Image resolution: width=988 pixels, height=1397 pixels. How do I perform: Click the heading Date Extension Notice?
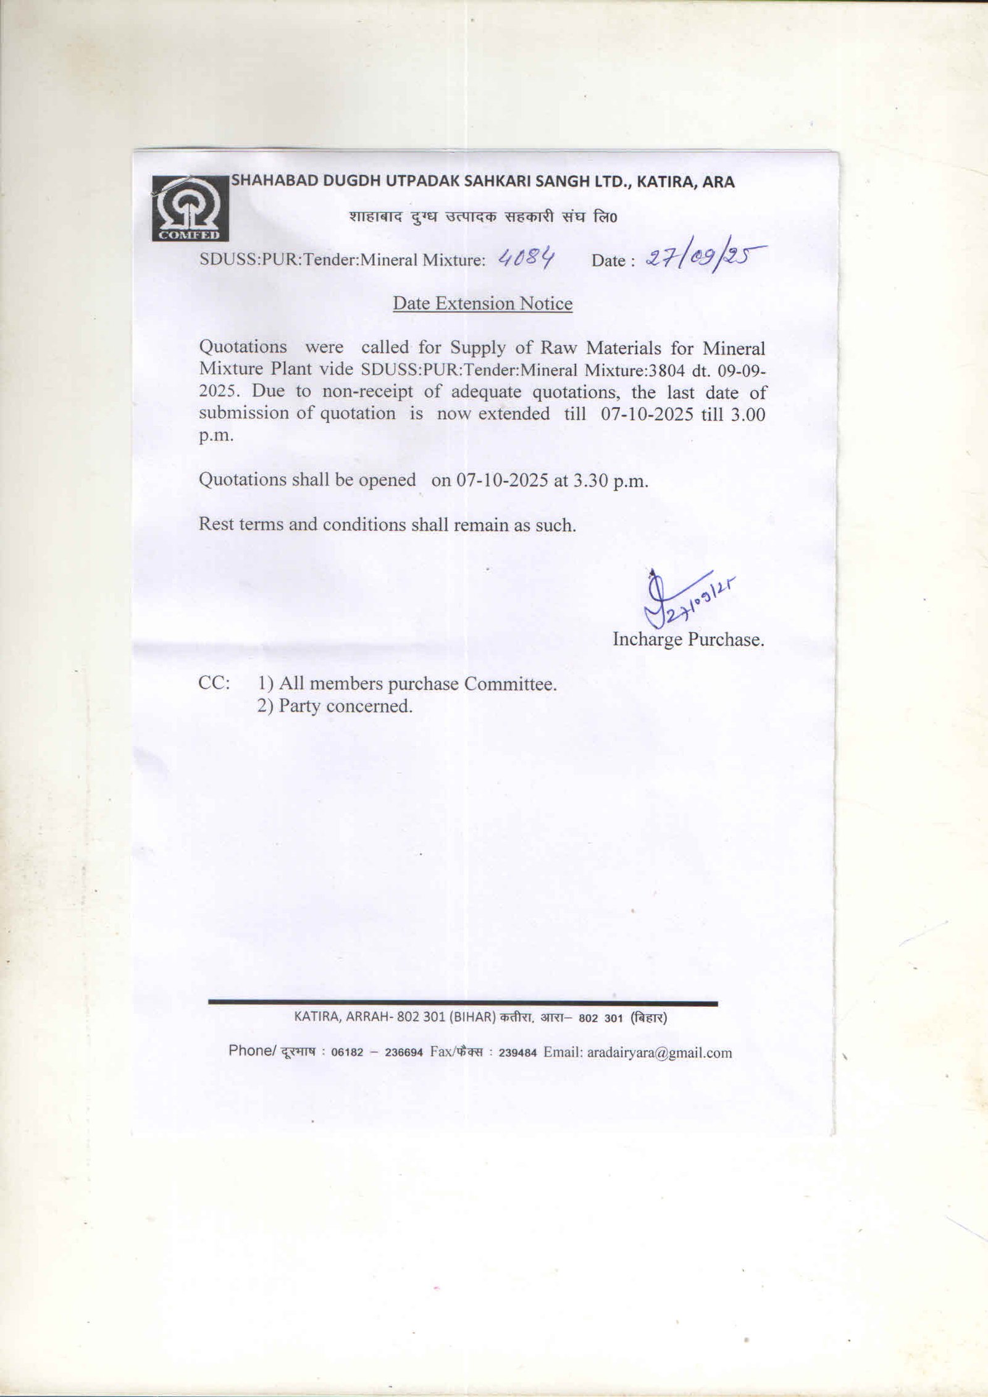click(482, 303)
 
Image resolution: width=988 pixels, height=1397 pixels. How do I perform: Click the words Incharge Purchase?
click(688, 639)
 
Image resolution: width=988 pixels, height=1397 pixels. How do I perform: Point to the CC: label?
click(214, 684)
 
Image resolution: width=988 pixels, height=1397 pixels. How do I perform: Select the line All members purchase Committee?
click(417, 684)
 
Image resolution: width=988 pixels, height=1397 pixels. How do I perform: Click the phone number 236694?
click(403, 1053)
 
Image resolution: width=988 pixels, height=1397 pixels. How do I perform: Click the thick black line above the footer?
click(463, 1003)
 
